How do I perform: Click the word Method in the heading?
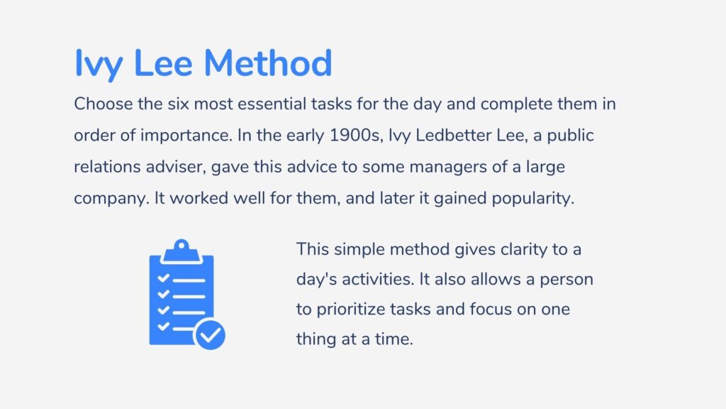click(x=267, y=63)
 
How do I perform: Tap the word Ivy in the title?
click(x=99, y=65)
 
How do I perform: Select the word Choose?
click(x=104, y=104)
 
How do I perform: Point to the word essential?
click(x=272, y=104)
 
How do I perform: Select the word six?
click(x=178, y=104)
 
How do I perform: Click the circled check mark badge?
click(x=210, y=335)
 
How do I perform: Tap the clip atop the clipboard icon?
click(x=181, y=251)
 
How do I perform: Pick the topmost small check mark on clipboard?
click(x=164, y=278)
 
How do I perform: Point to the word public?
click(x=571, y=136)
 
